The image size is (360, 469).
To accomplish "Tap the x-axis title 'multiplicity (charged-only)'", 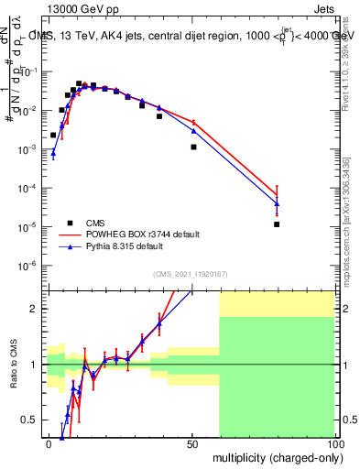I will click(x=274, y=455).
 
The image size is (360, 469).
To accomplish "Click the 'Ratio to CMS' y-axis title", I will click(x=13, y=364).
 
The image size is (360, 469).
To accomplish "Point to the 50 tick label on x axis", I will click(x=191, y=443).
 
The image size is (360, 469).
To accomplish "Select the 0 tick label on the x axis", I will click(x=49, y=443).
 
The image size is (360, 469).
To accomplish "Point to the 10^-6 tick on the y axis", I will click(x=27, y=266).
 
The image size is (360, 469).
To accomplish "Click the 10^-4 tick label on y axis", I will click(x=27, y=188).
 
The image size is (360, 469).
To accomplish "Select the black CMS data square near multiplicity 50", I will click(x=193, y=147).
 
